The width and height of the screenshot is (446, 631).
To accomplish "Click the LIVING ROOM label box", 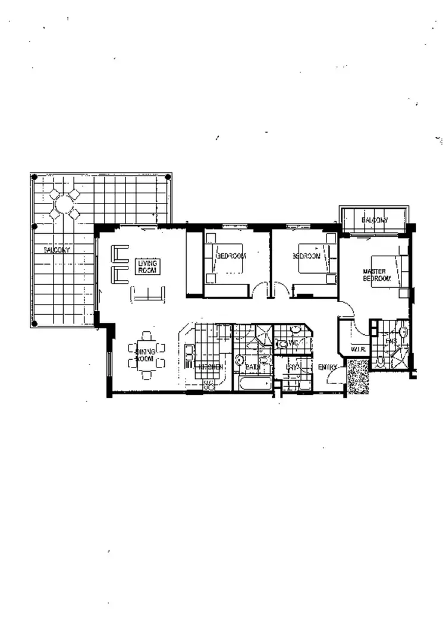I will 146,266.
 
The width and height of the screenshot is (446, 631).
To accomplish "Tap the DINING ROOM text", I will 145,356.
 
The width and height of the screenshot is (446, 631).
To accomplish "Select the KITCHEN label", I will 211,367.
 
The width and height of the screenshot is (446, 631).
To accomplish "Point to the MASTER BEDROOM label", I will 376,275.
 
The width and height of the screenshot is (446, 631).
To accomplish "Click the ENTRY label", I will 328,367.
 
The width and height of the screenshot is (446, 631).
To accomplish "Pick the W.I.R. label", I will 357,350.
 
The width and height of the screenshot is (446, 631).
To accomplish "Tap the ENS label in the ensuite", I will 391,341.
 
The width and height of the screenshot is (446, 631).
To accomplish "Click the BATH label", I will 252,368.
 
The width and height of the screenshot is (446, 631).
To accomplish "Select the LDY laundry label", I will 291,367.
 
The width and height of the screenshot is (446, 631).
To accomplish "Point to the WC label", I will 291,343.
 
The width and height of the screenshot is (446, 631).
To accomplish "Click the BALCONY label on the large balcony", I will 56,250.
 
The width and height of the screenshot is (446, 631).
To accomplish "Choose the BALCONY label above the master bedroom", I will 375,221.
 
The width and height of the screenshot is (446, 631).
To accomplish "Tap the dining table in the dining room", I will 146,357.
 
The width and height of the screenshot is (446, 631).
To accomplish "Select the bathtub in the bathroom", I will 255,383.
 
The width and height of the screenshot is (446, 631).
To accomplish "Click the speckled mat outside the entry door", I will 357,377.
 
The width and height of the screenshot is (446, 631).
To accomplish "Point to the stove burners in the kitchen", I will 209,385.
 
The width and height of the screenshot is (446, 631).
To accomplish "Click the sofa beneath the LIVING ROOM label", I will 147,294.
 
